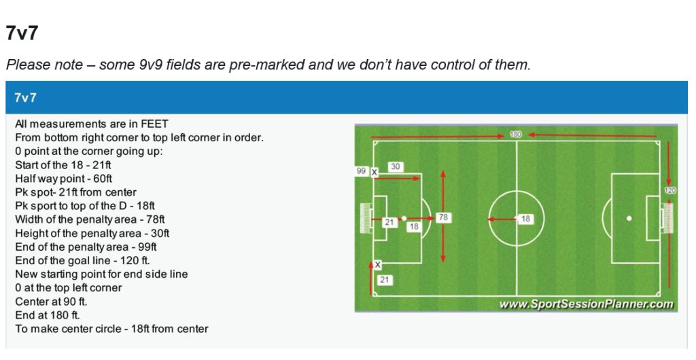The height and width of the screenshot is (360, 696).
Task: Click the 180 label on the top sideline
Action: coord(516,134)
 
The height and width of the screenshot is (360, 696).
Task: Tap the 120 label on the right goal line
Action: coord(670,191)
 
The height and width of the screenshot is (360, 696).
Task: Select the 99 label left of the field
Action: coord(362,172)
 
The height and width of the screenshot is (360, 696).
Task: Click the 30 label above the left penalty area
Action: coord(396,166)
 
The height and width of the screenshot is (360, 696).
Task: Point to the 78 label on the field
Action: coord(443,218)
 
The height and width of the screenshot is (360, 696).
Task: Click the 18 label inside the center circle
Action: coord(525,219)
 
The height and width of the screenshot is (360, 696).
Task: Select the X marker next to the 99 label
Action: coord(374,173)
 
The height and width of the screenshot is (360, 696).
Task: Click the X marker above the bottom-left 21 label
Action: coord(378,264)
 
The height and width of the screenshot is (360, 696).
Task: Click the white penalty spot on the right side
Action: coord(629,218)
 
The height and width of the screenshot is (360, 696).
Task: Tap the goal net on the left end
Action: coord(365,218)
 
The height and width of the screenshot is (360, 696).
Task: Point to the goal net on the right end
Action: coord(668,218)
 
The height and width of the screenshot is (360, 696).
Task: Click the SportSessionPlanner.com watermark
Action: coord(586,304)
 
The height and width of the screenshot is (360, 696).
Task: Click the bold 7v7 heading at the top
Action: coord(20,33)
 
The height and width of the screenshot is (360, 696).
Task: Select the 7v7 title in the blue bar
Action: coord(25,98)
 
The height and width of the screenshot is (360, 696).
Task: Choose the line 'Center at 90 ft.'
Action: coord(52,301)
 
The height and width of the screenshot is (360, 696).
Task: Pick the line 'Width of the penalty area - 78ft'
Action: coord(90,219)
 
